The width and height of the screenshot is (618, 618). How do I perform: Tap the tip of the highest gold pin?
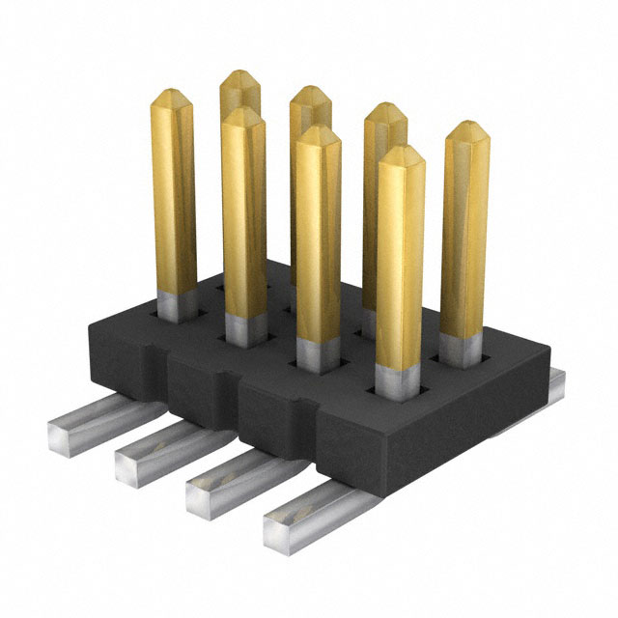(x=239, y=76)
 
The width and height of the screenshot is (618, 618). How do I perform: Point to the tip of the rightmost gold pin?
(x=466, y=127)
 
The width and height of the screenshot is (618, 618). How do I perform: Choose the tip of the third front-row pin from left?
(x=317, y=132)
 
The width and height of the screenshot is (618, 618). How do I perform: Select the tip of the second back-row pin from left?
(x=310, y=93)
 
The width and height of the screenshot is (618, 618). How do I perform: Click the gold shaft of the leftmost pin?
(x=174, y=193)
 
